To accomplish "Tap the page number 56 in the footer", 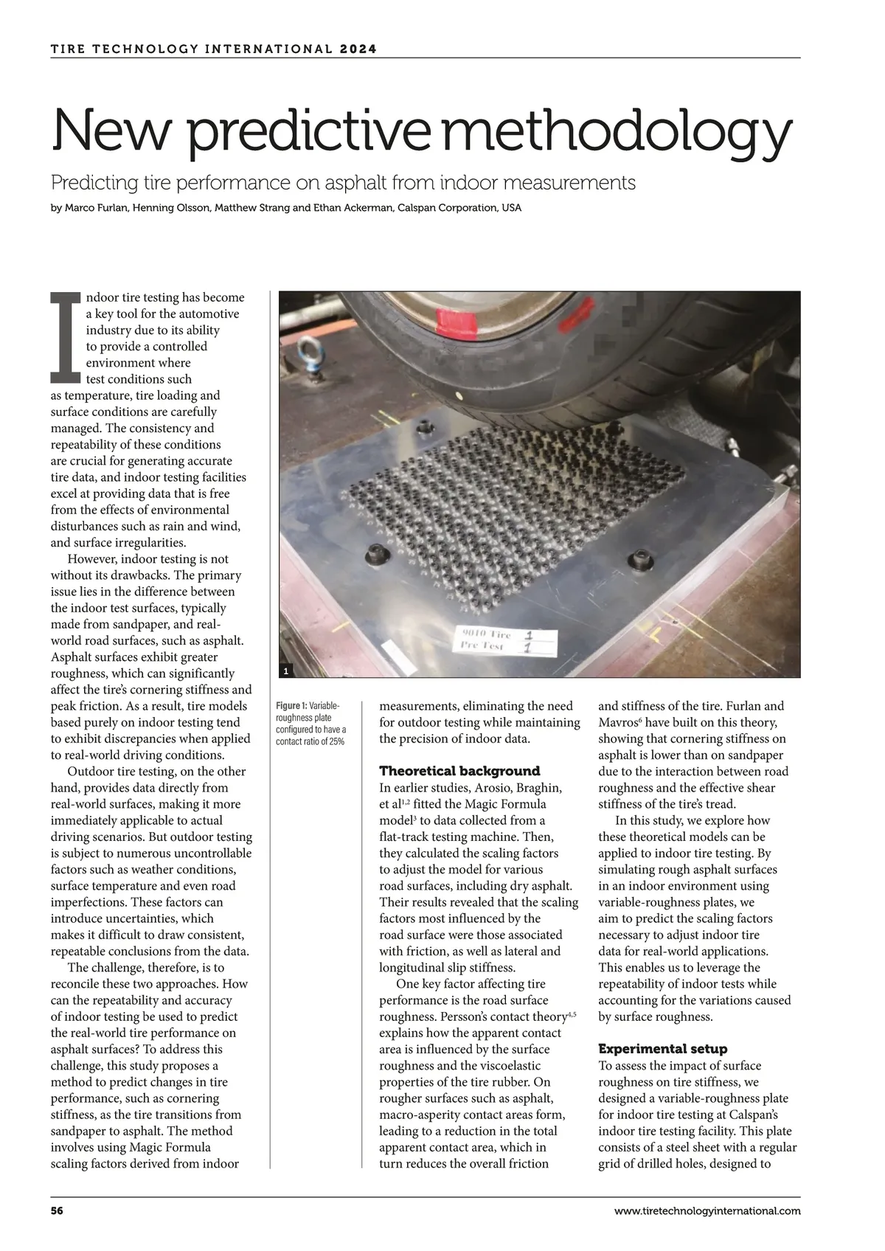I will [57, 1210].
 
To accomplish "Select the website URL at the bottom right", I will [707, 1210].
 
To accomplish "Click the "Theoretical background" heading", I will [459, 771].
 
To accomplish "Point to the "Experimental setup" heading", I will [662, 1048].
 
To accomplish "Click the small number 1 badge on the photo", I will [286, 670].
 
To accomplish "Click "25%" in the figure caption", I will [336, 741].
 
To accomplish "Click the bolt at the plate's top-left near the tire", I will [424, 428].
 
